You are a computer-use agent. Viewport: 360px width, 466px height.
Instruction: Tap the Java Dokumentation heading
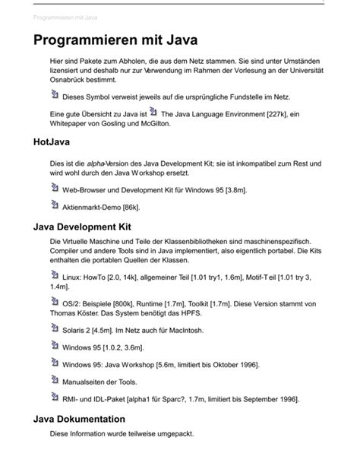(80, 419)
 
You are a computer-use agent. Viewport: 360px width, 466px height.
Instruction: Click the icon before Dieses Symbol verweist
(54, 95)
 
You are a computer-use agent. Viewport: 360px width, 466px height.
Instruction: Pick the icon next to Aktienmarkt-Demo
(54, 204)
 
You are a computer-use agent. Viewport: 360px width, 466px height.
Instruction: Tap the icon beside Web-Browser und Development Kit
(54, 187)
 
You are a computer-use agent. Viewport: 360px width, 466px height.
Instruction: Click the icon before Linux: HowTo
(54, 277)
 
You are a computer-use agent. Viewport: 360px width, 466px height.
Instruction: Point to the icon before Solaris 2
(54, 328)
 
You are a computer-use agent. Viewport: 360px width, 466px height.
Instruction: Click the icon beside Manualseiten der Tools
(54, 379)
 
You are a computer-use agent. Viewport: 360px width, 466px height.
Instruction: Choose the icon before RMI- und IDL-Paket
(54, 396)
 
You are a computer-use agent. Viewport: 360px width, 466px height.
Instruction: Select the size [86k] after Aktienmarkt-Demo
(130, 207)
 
